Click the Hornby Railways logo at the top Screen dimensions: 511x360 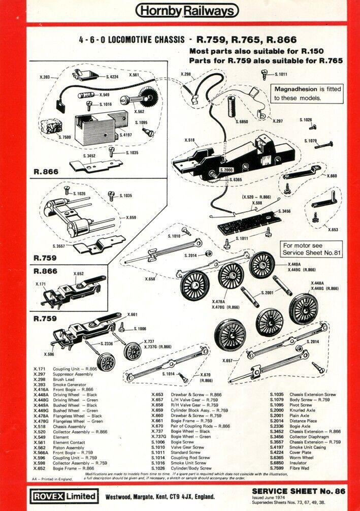187,11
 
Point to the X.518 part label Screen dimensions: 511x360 190,140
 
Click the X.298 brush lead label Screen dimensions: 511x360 186,75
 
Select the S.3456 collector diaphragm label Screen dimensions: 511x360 285,211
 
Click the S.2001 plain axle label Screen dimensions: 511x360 268,293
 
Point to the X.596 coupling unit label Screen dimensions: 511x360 49,355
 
